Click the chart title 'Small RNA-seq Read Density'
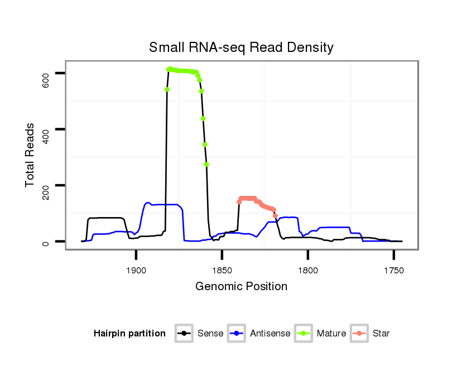click(241, 47)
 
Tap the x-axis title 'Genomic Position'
click(241, 287)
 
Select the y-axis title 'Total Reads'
click(31, 155)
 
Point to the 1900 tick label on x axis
click(136, 270)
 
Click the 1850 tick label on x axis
click(222, 270)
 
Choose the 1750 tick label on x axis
click(394, 270)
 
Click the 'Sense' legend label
click(210, 334)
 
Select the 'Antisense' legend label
click(270, 334)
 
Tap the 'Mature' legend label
click(331, 334)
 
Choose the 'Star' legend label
click(381, 334)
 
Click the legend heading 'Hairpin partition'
click(129, 334)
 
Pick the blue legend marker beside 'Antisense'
click(237, 334)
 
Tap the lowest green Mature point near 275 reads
click(206, 165)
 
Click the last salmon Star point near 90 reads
click(275, 216)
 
